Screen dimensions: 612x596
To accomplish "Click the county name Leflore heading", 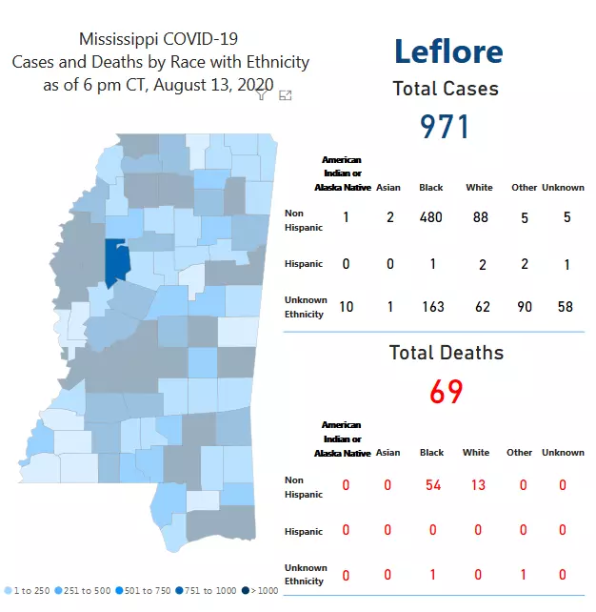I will click(447, 51).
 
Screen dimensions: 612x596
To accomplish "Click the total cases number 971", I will click(445, 126).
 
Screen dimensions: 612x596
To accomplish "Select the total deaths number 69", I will click(446, 391).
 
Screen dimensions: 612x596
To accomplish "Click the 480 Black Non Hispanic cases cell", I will click(431, 217).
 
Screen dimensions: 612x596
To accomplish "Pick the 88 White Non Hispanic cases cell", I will click(479, 217).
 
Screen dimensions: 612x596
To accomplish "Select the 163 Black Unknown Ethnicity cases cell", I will click(431, 307).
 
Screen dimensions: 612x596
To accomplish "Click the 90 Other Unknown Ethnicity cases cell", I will click(524, 307).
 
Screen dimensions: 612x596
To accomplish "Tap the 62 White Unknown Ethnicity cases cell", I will click(479, 307).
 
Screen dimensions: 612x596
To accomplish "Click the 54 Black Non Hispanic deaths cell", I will click(433, 485).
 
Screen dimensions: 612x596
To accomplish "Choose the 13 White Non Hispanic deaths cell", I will click(478, 485).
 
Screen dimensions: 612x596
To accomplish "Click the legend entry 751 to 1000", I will click(210, 591).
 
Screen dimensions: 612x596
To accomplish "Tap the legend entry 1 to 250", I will click(29, 591).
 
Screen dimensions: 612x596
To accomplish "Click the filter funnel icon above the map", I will click(262, 94).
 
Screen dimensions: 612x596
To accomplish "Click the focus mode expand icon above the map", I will click(285, 94).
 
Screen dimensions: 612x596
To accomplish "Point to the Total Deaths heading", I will click(446, 353).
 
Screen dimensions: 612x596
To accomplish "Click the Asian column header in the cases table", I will click(388, 187).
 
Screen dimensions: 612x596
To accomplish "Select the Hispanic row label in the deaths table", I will click(303, 530).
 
